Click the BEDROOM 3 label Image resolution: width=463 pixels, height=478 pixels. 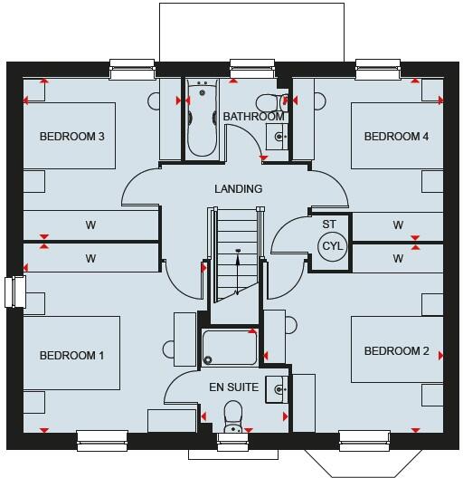(72, 137)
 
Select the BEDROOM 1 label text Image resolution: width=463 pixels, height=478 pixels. (71, 355)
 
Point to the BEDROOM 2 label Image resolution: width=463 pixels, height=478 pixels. (396, 351)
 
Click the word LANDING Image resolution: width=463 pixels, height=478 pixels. (238, 189)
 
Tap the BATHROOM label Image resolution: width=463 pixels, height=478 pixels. (254, 117)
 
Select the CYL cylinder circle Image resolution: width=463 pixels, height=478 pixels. (333, 244)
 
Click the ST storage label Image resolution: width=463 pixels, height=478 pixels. (329, 223)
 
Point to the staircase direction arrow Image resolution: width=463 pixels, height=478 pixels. (237, 270)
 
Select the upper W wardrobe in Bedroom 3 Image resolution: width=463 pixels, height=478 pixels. (90, 225)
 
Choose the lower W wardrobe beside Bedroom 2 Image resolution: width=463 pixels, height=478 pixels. (398, 259)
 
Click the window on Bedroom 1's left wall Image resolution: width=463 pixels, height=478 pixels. (10, 292)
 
